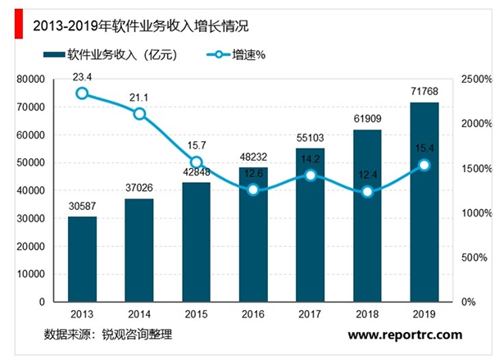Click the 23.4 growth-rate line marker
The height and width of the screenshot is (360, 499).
tap(82, 93)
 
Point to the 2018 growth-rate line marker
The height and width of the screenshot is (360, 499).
tap(367, 192)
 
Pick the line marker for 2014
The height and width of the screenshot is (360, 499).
tap(139, 113)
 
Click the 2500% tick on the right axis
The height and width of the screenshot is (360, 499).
tap(475, 80)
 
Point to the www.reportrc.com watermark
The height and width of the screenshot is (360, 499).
tap(405, 335)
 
